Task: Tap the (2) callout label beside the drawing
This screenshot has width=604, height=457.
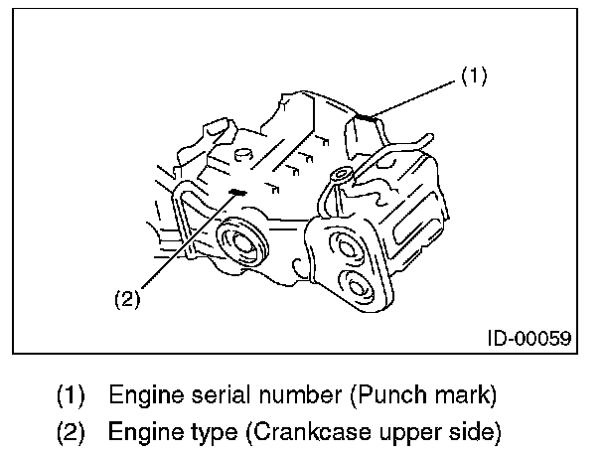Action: coord(127,298)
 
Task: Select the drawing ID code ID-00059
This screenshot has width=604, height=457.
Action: coord(528,338)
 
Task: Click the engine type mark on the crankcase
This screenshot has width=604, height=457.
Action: coord(237,193)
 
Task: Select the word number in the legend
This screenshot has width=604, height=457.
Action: coord(283,394)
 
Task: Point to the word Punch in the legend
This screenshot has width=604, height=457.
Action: coord(381,394)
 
